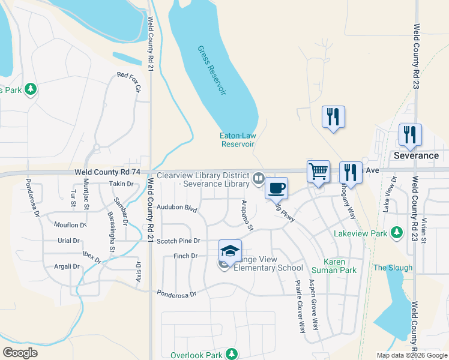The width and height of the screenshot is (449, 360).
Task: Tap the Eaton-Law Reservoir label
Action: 238,140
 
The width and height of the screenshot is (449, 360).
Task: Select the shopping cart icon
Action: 318,172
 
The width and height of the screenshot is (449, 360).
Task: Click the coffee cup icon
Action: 276,188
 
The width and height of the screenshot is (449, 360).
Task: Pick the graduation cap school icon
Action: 229,251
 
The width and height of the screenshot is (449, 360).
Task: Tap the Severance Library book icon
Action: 259,178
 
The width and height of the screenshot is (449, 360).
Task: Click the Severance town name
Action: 416,155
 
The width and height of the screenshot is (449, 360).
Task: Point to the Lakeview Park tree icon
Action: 396,232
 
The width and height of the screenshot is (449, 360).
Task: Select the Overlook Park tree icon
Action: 230,354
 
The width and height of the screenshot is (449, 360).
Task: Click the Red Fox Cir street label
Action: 128,82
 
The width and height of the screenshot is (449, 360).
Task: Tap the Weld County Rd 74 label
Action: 107,172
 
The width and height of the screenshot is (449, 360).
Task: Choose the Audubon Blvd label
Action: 176,208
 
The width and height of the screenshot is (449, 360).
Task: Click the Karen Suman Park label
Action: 340,266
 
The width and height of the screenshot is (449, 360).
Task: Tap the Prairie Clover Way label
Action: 299,306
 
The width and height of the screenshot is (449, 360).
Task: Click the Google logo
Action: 20,353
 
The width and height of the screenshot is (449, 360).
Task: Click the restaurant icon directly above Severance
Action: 410,135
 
